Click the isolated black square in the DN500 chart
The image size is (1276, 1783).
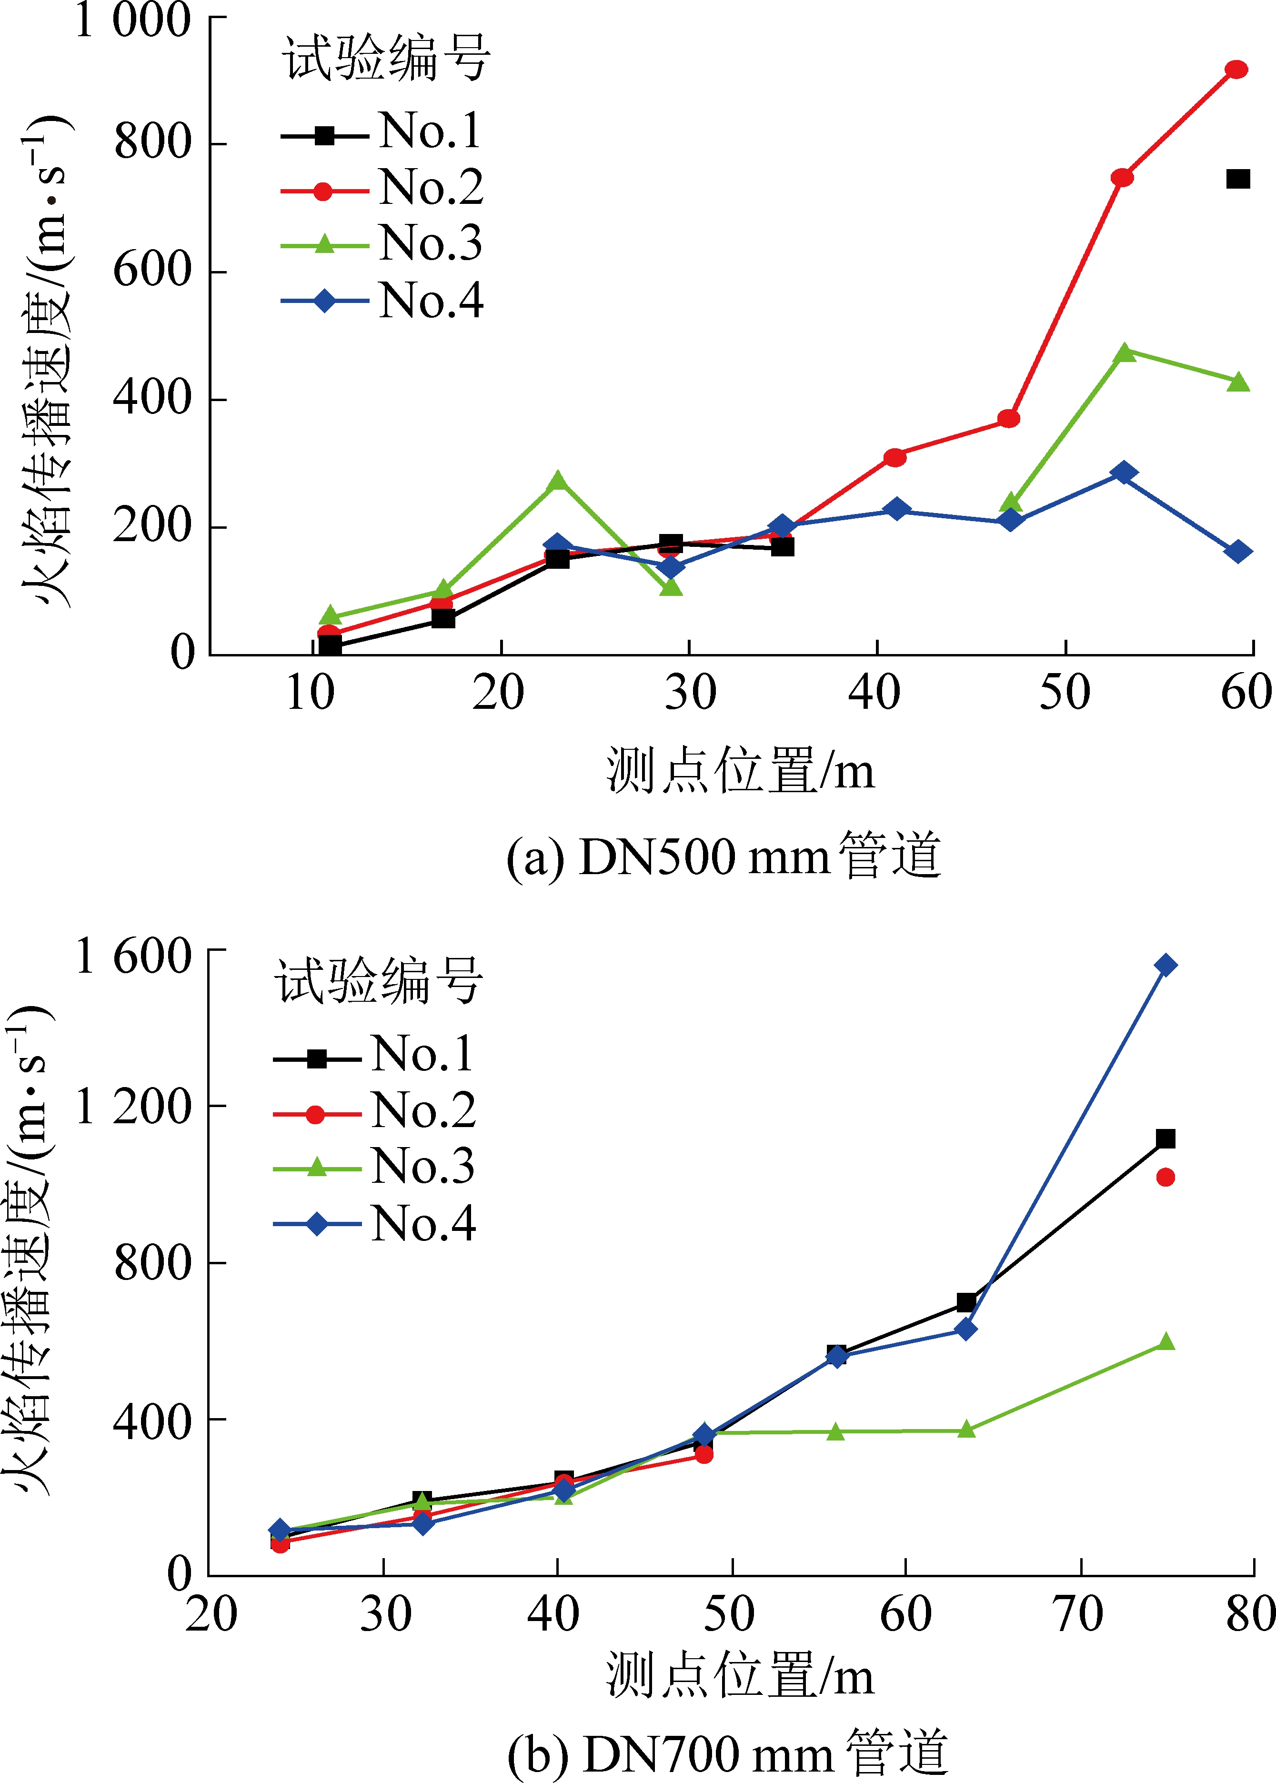point(1237,179)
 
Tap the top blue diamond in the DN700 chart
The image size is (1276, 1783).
point(1165,965)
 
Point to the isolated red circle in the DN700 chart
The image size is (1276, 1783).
point(1165,1177)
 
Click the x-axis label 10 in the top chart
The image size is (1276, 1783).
point(311,693)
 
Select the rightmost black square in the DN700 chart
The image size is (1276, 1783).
point(1165,1138)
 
